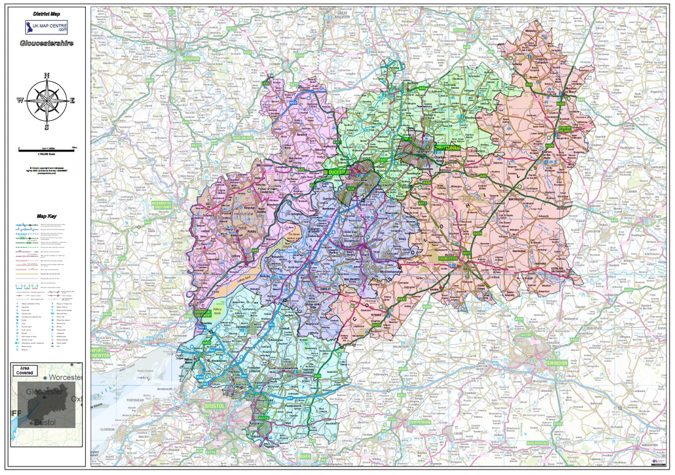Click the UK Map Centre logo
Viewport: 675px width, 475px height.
(x=46, y=28)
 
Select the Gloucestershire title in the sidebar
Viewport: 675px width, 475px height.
(x=46, y=44)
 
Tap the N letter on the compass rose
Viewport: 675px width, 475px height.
(x=47, y=76)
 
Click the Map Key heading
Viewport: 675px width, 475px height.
(x=46, y=216)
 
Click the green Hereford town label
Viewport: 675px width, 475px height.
(x=191, y=56)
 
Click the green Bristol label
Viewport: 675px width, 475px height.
(x=216, y=406)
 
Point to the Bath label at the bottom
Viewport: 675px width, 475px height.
(x=305, y=457)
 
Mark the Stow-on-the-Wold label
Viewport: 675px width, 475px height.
(x=571, y=128)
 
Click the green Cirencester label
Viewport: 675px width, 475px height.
(x=449, y=258)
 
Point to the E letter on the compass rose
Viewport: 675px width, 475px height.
(x=72, y=101)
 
